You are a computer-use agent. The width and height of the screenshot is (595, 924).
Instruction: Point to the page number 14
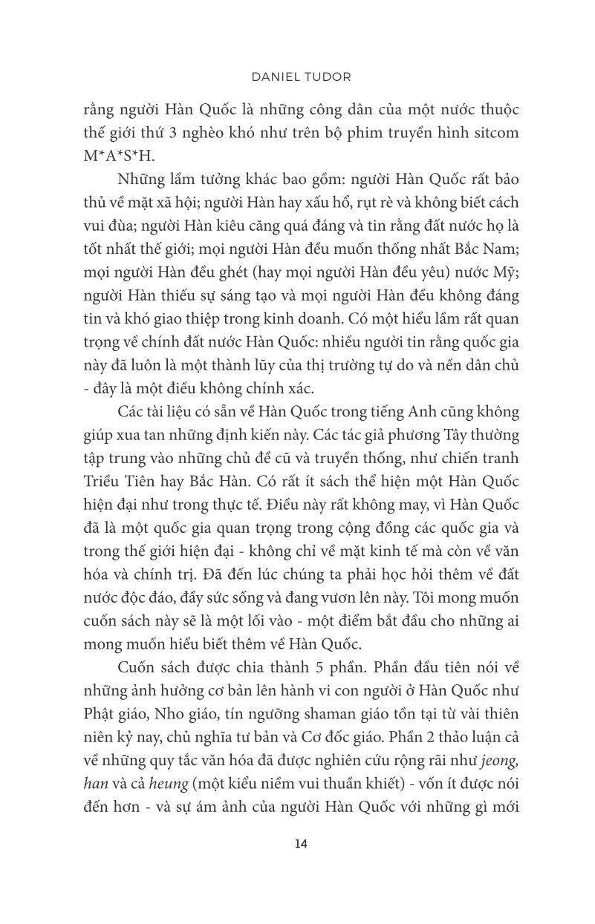point(300,843)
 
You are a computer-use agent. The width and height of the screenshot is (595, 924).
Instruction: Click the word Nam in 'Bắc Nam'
point(501,249)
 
